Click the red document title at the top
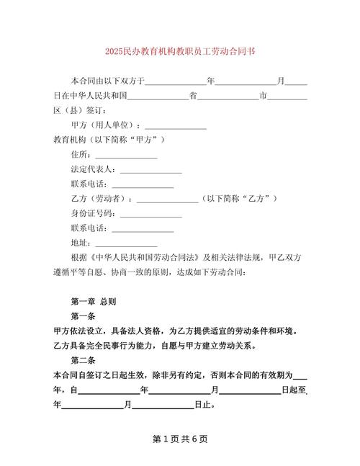click(179, 52)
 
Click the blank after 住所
click(126, 156)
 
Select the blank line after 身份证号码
click(150, 215)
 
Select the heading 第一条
click(84, 316)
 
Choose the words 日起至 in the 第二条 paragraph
click(294, 390)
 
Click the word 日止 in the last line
click(204, 405)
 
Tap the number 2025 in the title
click(114, 52)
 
